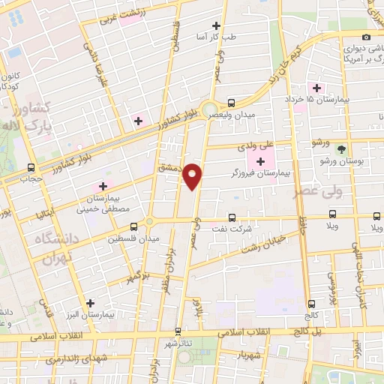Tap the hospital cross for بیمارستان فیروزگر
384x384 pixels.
click(x=260, y=161)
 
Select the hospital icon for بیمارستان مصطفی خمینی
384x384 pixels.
click(x=103, y=186)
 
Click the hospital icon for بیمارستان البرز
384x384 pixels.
click(x=91, y=304)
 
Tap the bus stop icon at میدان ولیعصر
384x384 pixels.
click(x=230, y=103)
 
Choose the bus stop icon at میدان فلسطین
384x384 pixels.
click(x=133, y=226)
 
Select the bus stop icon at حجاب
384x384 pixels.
click(x=31, y=167)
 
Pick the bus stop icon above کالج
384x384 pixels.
click(x=311, y=304)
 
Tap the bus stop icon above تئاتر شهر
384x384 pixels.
click(x=178, y=331)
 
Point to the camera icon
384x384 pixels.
click(x=366, y=37)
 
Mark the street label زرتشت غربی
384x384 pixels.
click(x=119, y=16)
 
